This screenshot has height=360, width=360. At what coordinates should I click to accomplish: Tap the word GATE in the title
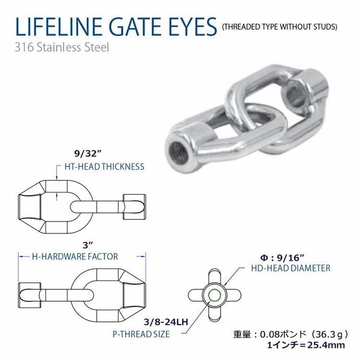tap(135, 26)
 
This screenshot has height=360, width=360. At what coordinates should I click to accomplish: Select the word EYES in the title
tap(192, 26)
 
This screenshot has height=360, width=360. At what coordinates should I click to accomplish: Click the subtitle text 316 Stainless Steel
tap(62, 48)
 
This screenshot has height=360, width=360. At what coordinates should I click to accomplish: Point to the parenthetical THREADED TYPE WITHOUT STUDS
tap(279, 27)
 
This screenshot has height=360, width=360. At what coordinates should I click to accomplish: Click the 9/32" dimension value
tap(88, 154)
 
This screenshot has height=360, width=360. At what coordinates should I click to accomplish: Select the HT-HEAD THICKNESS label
tap(105, 167)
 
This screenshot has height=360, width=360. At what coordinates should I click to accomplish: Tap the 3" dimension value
tap(87, 245)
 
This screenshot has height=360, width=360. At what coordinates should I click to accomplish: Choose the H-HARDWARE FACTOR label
tap(75, 256)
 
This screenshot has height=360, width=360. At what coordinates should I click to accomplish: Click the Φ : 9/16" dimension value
tap(282, 258)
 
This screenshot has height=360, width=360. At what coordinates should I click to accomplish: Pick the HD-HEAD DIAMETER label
tap(291, 268)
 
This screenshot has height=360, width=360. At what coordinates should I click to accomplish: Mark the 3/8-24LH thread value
tap(166, 322)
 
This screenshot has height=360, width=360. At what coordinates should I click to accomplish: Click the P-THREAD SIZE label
tap(141, 334)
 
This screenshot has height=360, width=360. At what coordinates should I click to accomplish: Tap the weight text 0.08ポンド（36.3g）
tap(304, 334)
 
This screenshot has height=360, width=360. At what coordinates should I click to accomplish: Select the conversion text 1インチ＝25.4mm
tap(306, 345)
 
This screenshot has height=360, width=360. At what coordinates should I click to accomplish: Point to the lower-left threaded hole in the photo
tap(178, 152)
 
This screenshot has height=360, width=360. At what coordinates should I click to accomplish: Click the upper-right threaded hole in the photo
tap(293, 95)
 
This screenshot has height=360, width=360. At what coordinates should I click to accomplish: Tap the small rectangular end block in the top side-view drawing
tap(134, 207)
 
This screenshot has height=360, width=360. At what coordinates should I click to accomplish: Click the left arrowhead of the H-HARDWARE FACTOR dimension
tap(21, 256)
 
